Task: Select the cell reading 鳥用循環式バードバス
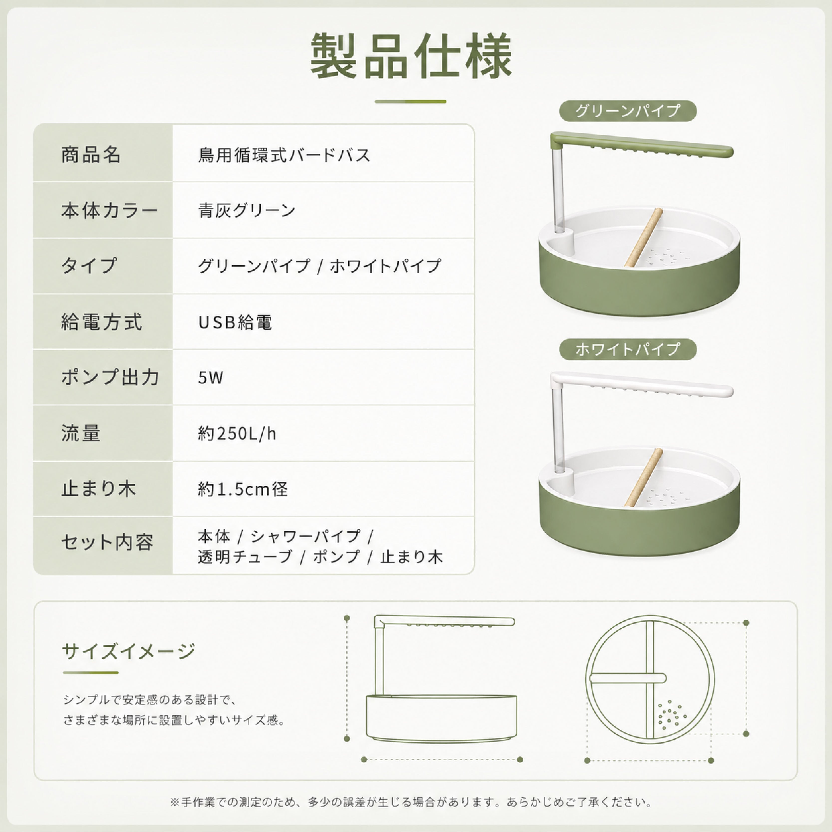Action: click(x=284, y=155)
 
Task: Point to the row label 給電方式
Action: click(x=102, y=322)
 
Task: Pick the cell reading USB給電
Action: click(x=235, y=322)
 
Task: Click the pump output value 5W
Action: click(x=211, y=378)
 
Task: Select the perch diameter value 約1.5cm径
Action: click(x=243, y=489)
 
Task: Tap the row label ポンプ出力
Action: click(x=110, y=378)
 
